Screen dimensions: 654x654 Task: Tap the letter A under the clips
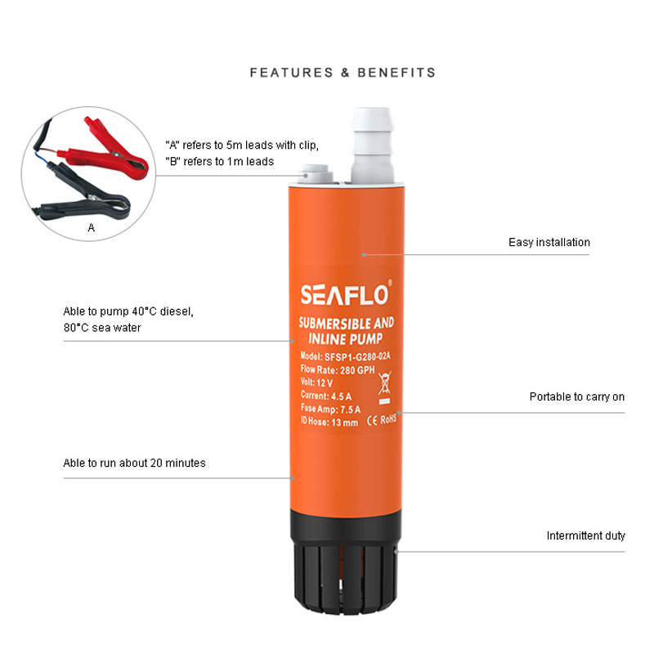click(92, 228)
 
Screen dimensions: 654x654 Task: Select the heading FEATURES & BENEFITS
click(343, 73)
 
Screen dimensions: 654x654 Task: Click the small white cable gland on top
click(315, 174)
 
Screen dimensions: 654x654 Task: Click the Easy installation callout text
click(549, 242)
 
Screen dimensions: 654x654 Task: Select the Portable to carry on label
click(577, 396)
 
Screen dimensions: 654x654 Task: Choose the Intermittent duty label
click(585, 535)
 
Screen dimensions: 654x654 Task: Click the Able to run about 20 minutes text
click(134, 463)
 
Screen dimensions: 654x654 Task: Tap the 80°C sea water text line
click(102, 328)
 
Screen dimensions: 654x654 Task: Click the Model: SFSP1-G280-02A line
click(345, 356)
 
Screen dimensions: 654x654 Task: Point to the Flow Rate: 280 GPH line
click(338, 370)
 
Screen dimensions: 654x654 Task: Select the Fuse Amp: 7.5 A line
click(330, 409)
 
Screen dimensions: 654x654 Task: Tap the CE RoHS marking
click(382, 419)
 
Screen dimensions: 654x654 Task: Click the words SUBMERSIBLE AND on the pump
click(346, 323)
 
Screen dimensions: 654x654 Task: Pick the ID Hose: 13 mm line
click(329, 422)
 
